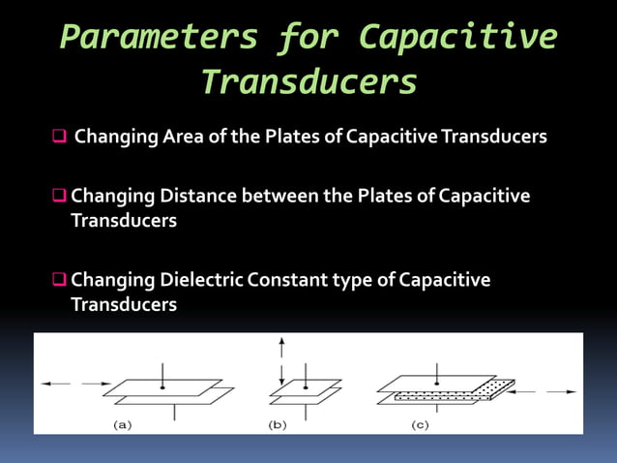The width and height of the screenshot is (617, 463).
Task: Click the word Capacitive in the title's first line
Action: (457, 37)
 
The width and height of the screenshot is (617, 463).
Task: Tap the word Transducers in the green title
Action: (308, 82)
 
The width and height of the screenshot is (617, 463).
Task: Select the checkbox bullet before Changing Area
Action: (58, 137)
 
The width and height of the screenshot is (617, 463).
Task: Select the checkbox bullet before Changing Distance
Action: (58, 197)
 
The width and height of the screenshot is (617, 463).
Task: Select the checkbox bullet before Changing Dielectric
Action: (58, 281)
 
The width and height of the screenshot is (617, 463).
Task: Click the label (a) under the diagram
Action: (124, 424)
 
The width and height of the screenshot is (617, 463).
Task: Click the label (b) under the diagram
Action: (278, 424)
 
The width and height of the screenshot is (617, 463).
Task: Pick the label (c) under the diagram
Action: (420, 424)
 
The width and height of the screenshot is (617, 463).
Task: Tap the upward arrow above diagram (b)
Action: (280, 345)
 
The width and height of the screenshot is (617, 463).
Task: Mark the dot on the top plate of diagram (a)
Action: (162, 387)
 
